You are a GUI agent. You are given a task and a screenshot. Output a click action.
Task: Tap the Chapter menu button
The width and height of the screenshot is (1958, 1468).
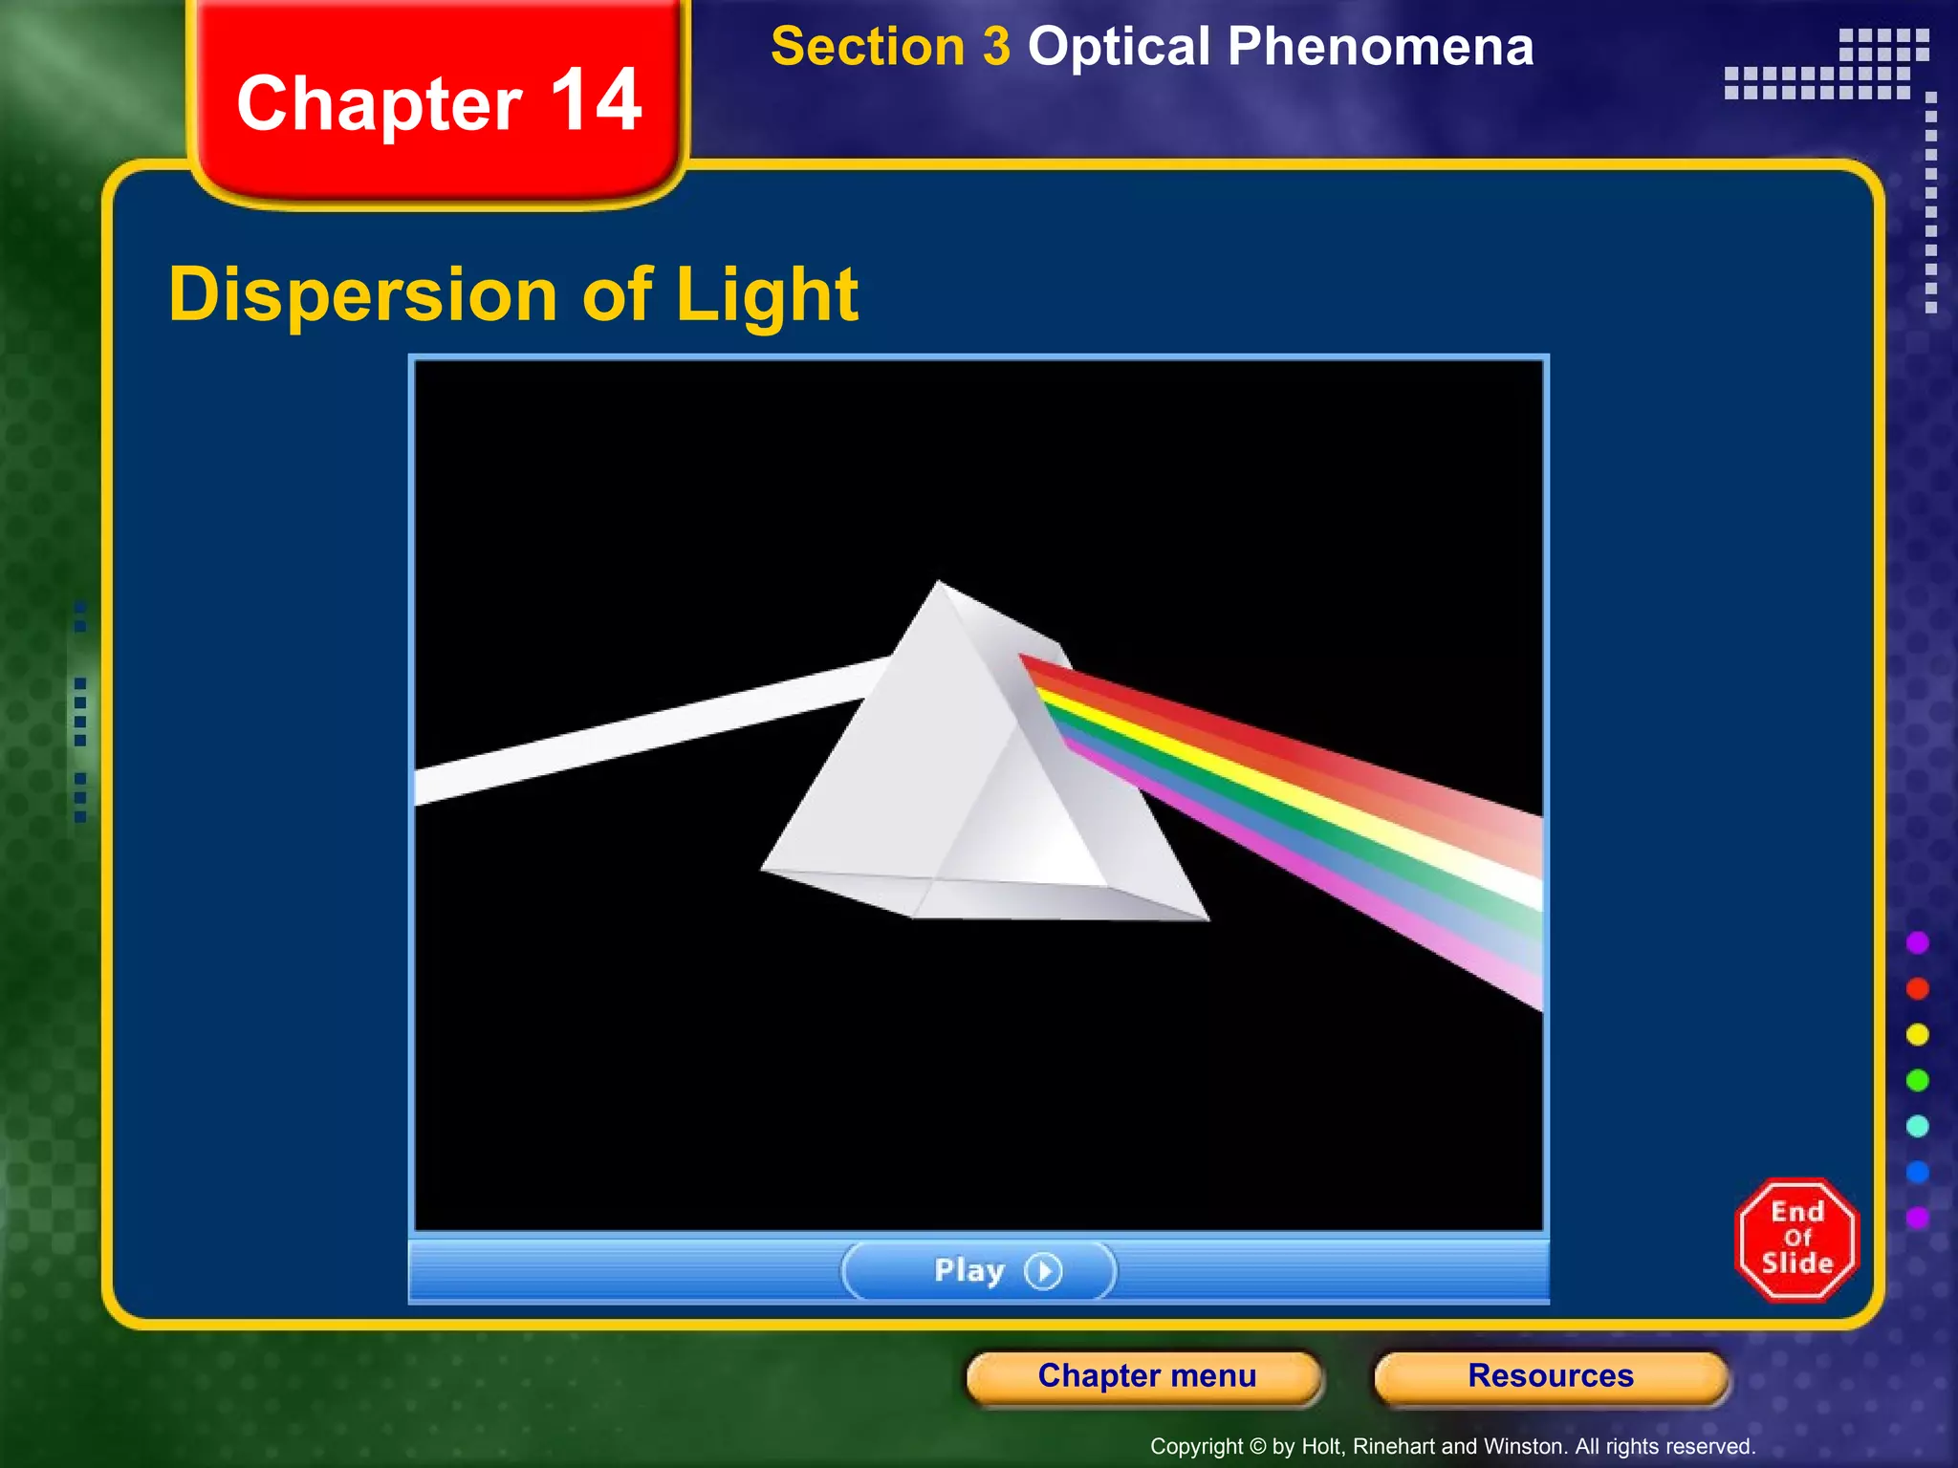[x=1146, y=1376]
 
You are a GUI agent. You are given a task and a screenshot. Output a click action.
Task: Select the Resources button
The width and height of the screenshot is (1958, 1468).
[x=1551, y=1376]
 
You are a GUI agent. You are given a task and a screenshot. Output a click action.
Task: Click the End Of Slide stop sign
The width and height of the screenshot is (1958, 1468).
[x=1796, y=1239]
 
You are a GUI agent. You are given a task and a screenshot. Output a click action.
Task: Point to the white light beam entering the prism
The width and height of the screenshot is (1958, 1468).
[x=650, y=726]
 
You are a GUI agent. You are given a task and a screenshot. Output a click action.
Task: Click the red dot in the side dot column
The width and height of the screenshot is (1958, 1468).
[x=1917, y=988]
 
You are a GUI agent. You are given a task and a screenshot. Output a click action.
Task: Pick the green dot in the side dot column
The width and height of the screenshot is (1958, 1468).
[x=1917, y=1080]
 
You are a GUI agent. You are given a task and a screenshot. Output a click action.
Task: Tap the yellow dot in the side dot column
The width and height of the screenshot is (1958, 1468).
[x=1917, y=1034]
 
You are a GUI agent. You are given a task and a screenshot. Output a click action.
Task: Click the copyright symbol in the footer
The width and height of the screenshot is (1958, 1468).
[x=1257, y=1447]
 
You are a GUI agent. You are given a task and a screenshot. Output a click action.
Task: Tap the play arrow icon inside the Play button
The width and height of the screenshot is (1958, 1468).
[x=1043, y=1271]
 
